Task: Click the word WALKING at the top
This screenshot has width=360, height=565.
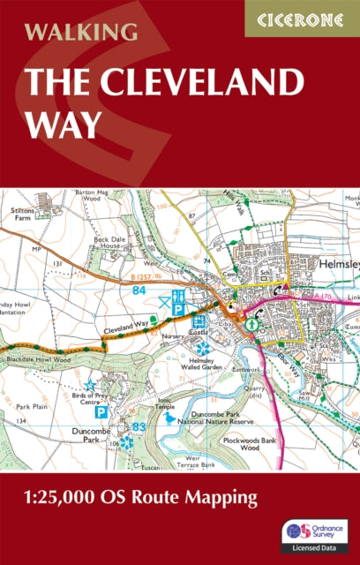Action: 81,33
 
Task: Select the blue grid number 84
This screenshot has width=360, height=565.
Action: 138,290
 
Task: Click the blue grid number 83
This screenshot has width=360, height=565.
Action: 138,427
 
